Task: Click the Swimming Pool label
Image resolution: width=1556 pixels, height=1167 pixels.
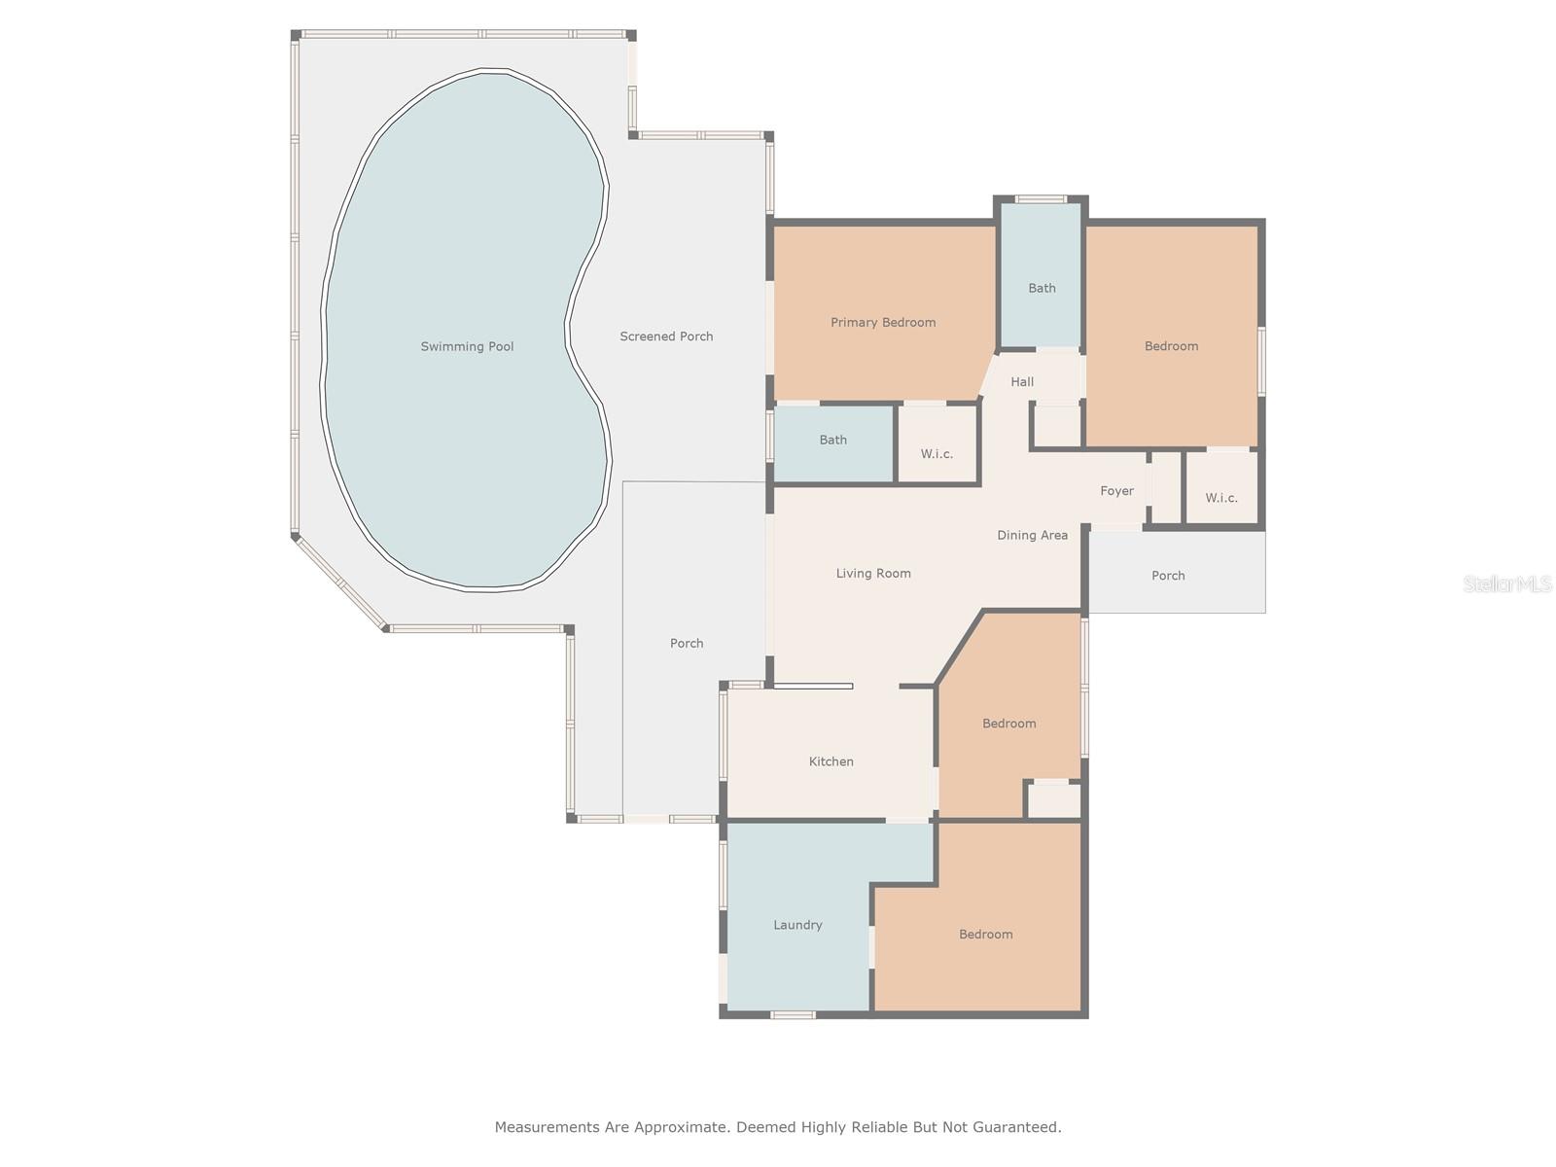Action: (467, 346)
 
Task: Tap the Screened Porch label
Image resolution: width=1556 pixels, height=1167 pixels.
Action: (666, 336)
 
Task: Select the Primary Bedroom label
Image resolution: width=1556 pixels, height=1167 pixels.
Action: (883, 323)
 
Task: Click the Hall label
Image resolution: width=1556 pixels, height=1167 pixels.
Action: (1021, 382)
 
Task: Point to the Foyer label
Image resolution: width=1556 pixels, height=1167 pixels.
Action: (1116, 491)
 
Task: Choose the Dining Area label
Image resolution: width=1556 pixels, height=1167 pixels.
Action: (1032, 535)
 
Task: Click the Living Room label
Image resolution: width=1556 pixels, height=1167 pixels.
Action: (873, 573)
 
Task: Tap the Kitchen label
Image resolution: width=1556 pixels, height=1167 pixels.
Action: (831, 761)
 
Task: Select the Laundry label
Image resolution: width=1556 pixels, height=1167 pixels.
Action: (797, 925)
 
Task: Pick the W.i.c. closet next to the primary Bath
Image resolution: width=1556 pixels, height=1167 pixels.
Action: (937, 444)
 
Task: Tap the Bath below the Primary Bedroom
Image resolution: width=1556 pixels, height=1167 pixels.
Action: (832, 444)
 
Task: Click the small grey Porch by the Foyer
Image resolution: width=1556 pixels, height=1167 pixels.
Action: (1177, 573)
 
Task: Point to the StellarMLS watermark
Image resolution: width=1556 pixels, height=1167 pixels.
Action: (1507, 583)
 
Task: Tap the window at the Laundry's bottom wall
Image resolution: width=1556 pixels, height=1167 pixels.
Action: (793, 1015)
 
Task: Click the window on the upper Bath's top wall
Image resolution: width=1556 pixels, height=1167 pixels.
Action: (1040, 199)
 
